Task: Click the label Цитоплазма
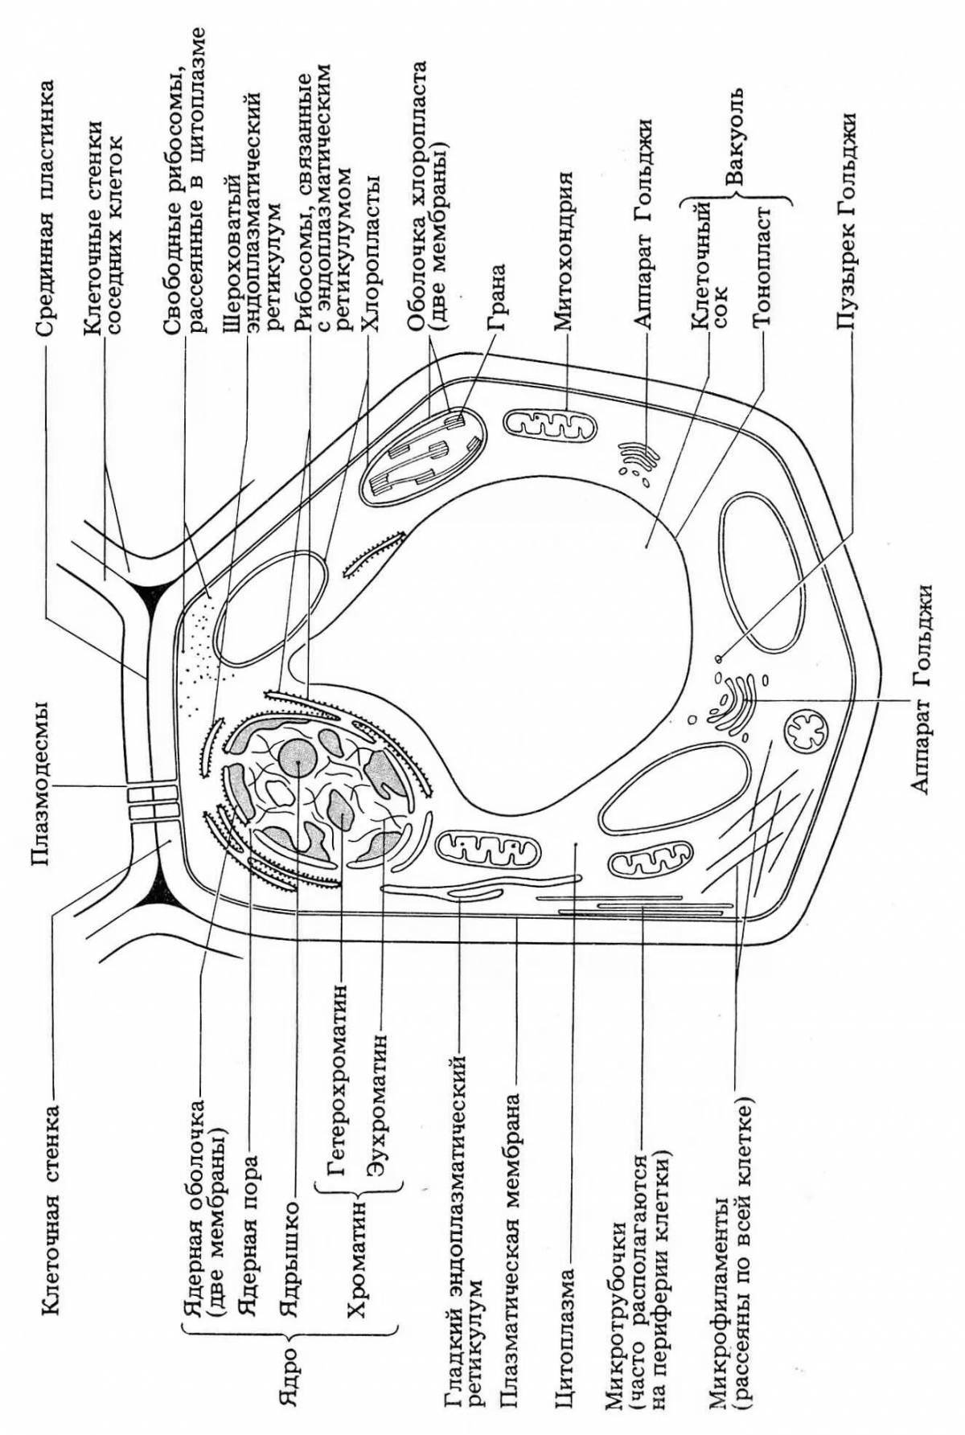pyautogui.click(x=567, y=1338)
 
